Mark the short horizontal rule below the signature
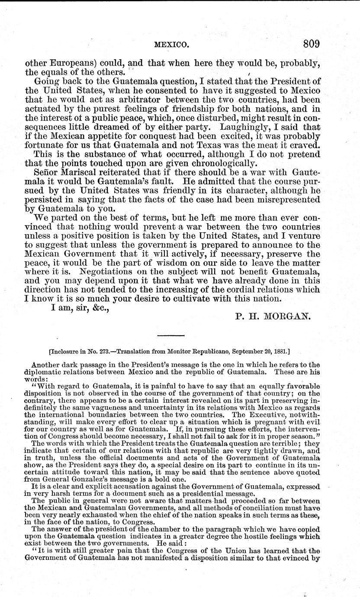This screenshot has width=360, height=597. coord(170,336)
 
